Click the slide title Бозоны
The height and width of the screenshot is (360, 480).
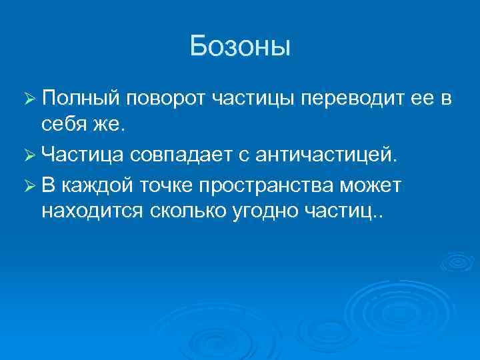pos(240,46)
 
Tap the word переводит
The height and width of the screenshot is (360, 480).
pos(350,100)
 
